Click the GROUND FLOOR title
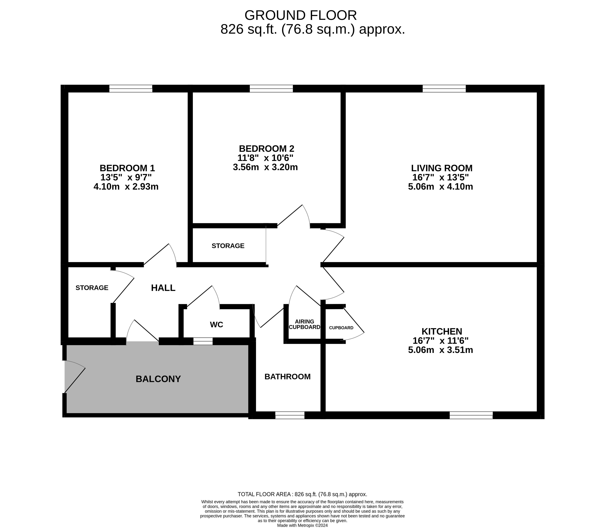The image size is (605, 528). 301,15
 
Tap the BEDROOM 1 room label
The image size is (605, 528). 127,168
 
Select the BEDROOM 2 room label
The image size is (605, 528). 267,148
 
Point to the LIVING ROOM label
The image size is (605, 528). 442,168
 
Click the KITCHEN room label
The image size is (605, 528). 442,331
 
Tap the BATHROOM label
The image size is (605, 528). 287,376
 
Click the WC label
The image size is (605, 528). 216,325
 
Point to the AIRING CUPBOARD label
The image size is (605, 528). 304,324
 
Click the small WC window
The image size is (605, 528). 203,341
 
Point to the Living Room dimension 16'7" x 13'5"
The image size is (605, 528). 440,177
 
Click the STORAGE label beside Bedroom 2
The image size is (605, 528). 228,246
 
